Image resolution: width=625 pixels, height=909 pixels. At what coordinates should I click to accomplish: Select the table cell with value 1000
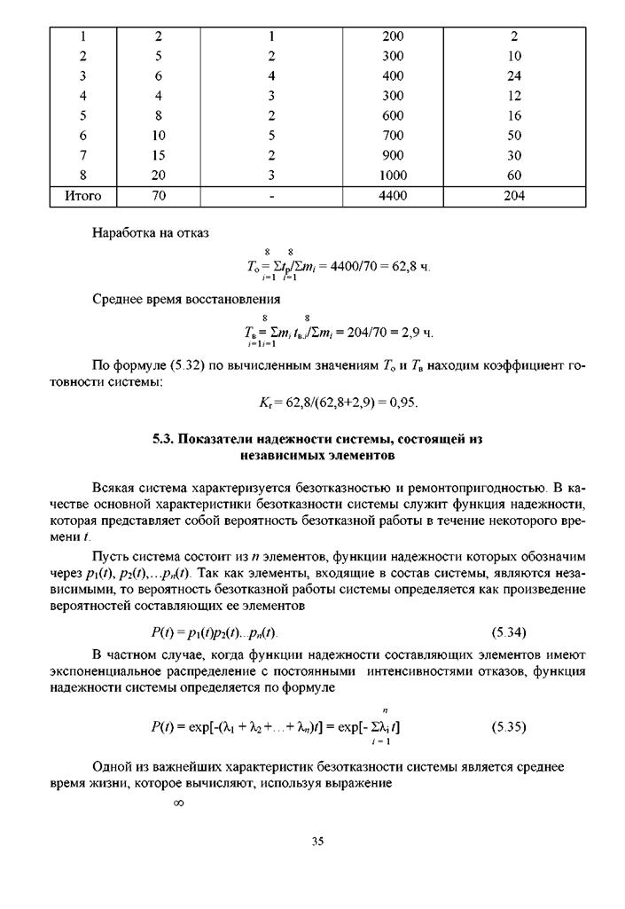coord(393,176)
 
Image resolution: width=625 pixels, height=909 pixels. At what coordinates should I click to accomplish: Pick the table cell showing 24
coord(514,76)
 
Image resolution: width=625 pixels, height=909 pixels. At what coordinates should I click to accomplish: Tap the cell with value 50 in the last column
coord(514,136)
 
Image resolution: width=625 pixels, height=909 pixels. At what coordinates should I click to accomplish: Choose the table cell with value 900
coord(393,155)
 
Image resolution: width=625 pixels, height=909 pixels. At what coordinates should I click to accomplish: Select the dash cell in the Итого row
coord(272,196)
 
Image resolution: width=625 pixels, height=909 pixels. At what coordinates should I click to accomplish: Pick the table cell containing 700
coord(393,136)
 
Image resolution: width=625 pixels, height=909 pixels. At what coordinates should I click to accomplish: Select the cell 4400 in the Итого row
coord(393,196)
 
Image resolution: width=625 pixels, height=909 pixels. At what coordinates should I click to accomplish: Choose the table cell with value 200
coord(393,37)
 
